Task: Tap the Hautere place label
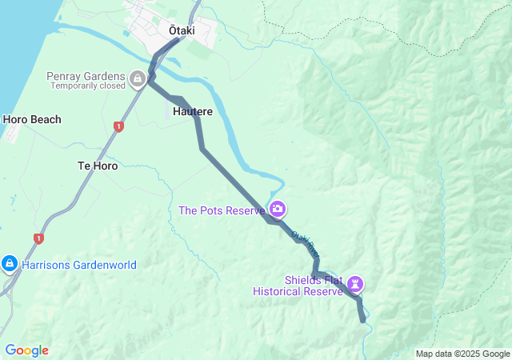coord(193,112)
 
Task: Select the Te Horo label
coord(98,166)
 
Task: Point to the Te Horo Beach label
coord(32,120)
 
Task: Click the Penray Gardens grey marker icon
coord(138,78)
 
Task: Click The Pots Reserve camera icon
coord(278,210)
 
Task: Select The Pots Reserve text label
coord(222,211)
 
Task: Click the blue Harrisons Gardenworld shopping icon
coord(10,262)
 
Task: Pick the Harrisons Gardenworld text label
coord(79,265)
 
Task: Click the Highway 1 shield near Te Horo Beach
coord(119,126)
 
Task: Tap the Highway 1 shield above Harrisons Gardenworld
coord(38,238)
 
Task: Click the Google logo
coord(27,350)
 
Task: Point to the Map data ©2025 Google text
coord(462,354)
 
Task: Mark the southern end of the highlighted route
coord(364,320)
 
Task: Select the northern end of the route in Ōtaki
coord(179,38)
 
